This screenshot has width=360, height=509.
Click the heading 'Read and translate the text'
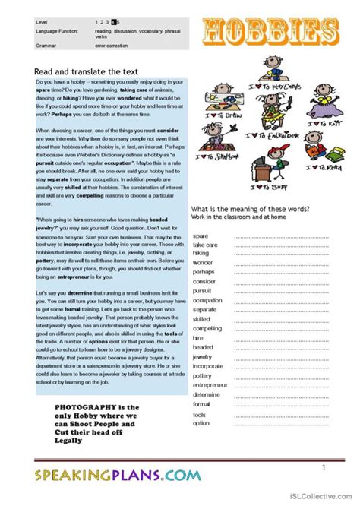click(x=83, y=70)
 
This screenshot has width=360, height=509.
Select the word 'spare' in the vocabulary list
click(x=201, y=236)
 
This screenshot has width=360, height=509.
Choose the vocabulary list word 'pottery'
click(x=203, y=375)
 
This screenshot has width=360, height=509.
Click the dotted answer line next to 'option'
click(x=281, y=424)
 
